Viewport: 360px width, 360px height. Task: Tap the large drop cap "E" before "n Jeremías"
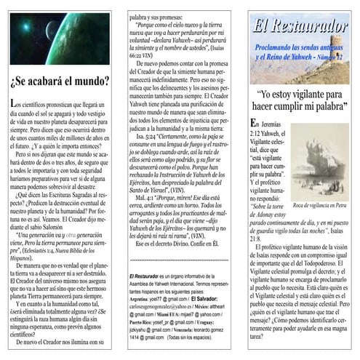click(253, 126)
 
